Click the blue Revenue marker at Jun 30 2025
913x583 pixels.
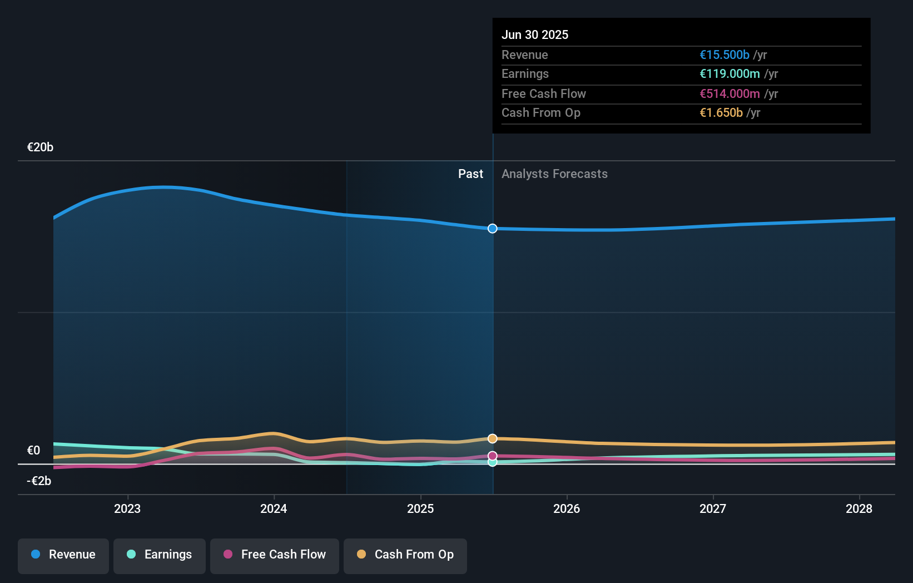(x=493, y=229)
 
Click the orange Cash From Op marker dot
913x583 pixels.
(x=493, y=438)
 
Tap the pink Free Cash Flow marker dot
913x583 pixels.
(x=493, y=456)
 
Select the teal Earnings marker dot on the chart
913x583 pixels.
(x=493, y=462)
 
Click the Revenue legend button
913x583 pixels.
(x=63, y=555)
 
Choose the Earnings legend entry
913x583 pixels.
(x=160, y=555)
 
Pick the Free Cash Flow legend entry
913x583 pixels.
(x=275, y=555)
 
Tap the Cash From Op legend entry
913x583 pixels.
(x=405, y=555)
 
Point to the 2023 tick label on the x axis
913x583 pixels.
(x=127, y=508)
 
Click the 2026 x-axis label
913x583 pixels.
(x=567, y=508)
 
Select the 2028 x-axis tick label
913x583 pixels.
(x=859, y=508)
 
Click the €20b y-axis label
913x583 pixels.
(x=40, y=147)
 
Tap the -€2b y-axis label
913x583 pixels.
(x=39, y=481)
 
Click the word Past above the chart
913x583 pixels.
(x=470, y=174)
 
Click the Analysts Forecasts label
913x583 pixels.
(x=554, y=174)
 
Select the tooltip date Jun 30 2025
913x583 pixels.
(x=535, y=34)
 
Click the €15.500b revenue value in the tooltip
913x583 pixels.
(x=725, y=55)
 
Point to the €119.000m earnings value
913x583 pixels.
(x=730, y=74)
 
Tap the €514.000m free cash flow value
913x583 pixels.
(x=730, y=94)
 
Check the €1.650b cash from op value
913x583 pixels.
(x=721, y=113)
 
